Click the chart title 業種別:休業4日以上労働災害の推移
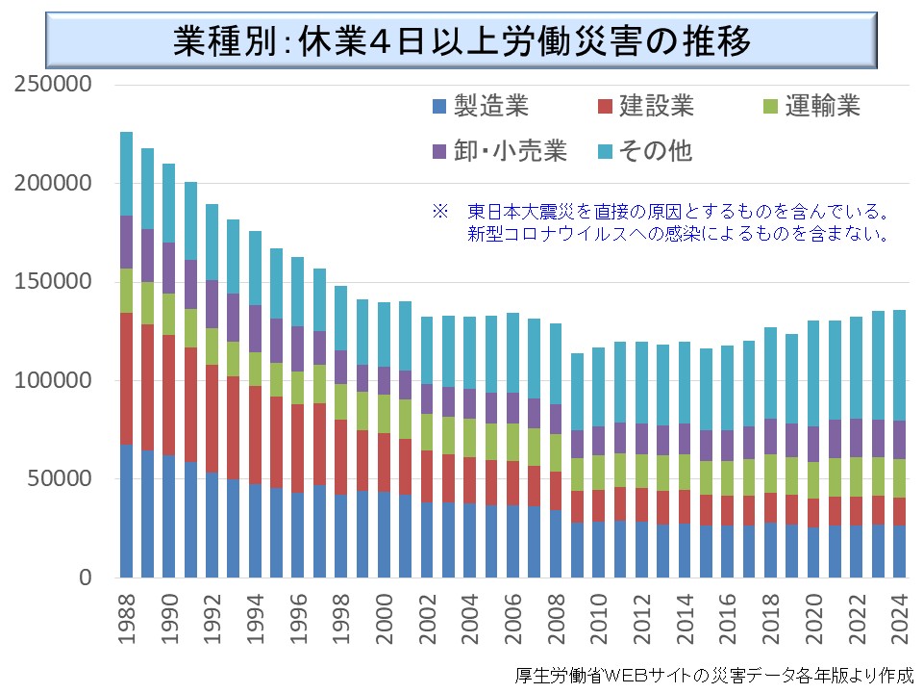[x=461, y=42]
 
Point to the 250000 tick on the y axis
[x=53, y=85]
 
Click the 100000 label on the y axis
[x=53, y=381]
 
